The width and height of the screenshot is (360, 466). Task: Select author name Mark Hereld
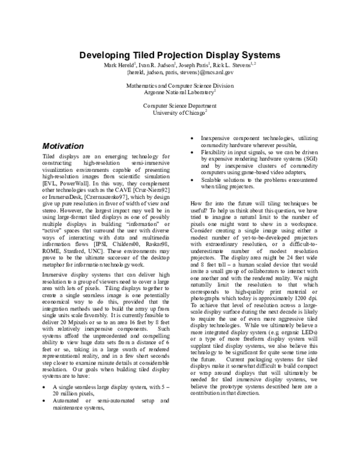(120, 64)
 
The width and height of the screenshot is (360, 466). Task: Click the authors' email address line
(180, 71)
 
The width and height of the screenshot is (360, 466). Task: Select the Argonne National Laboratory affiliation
(179, 92)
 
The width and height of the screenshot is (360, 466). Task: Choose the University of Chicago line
(179, 112)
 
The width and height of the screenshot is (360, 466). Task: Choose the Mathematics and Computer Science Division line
(180, 86)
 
